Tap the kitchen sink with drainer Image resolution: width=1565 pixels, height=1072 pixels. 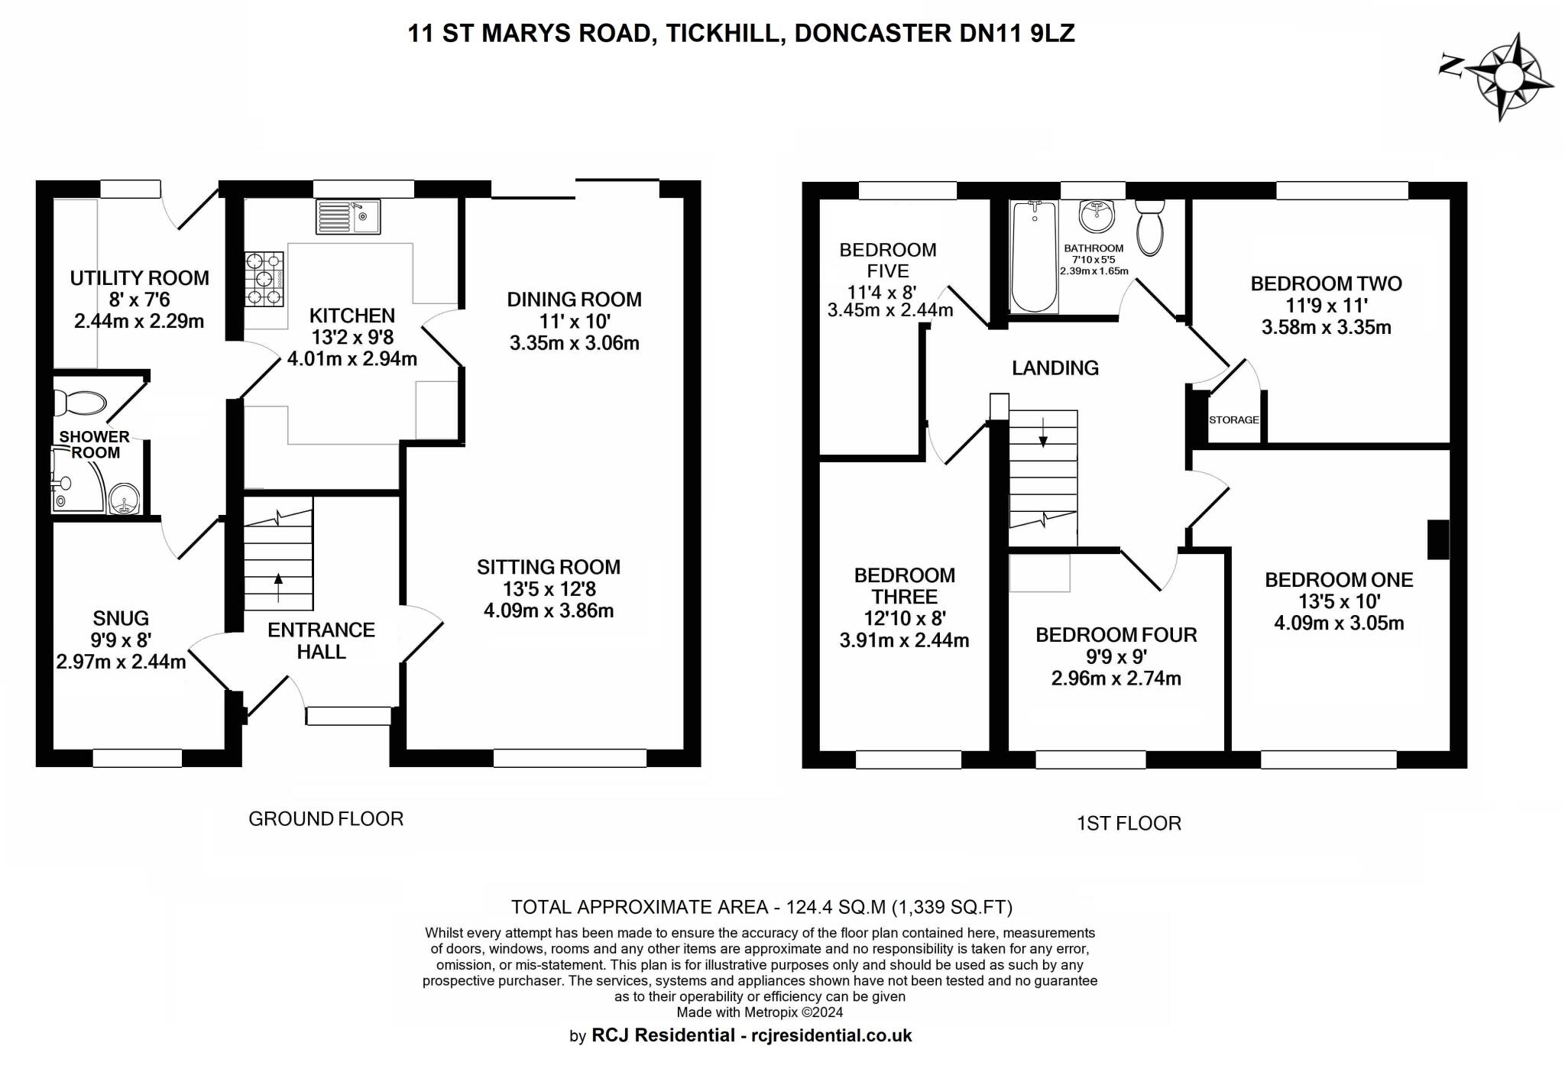348,216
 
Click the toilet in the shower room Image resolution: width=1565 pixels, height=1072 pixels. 79,402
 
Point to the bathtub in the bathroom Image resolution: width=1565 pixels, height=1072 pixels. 1034,256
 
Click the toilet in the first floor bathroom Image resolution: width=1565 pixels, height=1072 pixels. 1149,227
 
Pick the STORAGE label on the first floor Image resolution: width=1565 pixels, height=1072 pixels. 1233,419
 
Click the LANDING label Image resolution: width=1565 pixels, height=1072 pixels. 1055,368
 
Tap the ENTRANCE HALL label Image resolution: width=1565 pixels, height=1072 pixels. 321,640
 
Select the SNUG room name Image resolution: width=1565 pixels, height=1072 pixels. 121,617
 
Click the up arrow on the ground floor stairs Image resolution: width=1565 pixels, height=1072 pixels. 277,587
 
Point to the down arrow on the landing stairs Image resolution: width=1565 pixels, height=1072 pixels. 1043,432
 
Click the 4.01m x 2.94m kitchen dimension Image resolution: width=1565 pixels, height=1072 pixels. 352,358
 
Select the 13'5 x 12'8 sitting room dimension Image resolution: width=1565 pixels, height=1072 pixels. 549,589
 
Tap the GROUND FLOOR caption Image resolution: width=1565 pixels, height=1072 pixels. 326,819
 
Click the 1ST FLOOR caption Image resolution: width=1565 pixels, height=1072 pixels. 1129,823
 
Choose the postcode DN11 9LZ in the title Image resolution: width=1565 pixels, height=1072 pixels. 1016,33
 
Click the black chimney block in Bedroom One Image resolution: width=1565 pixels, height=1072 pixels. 1438,539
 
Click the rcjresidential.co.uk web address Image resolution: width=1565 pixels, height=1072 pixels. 831,1035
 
